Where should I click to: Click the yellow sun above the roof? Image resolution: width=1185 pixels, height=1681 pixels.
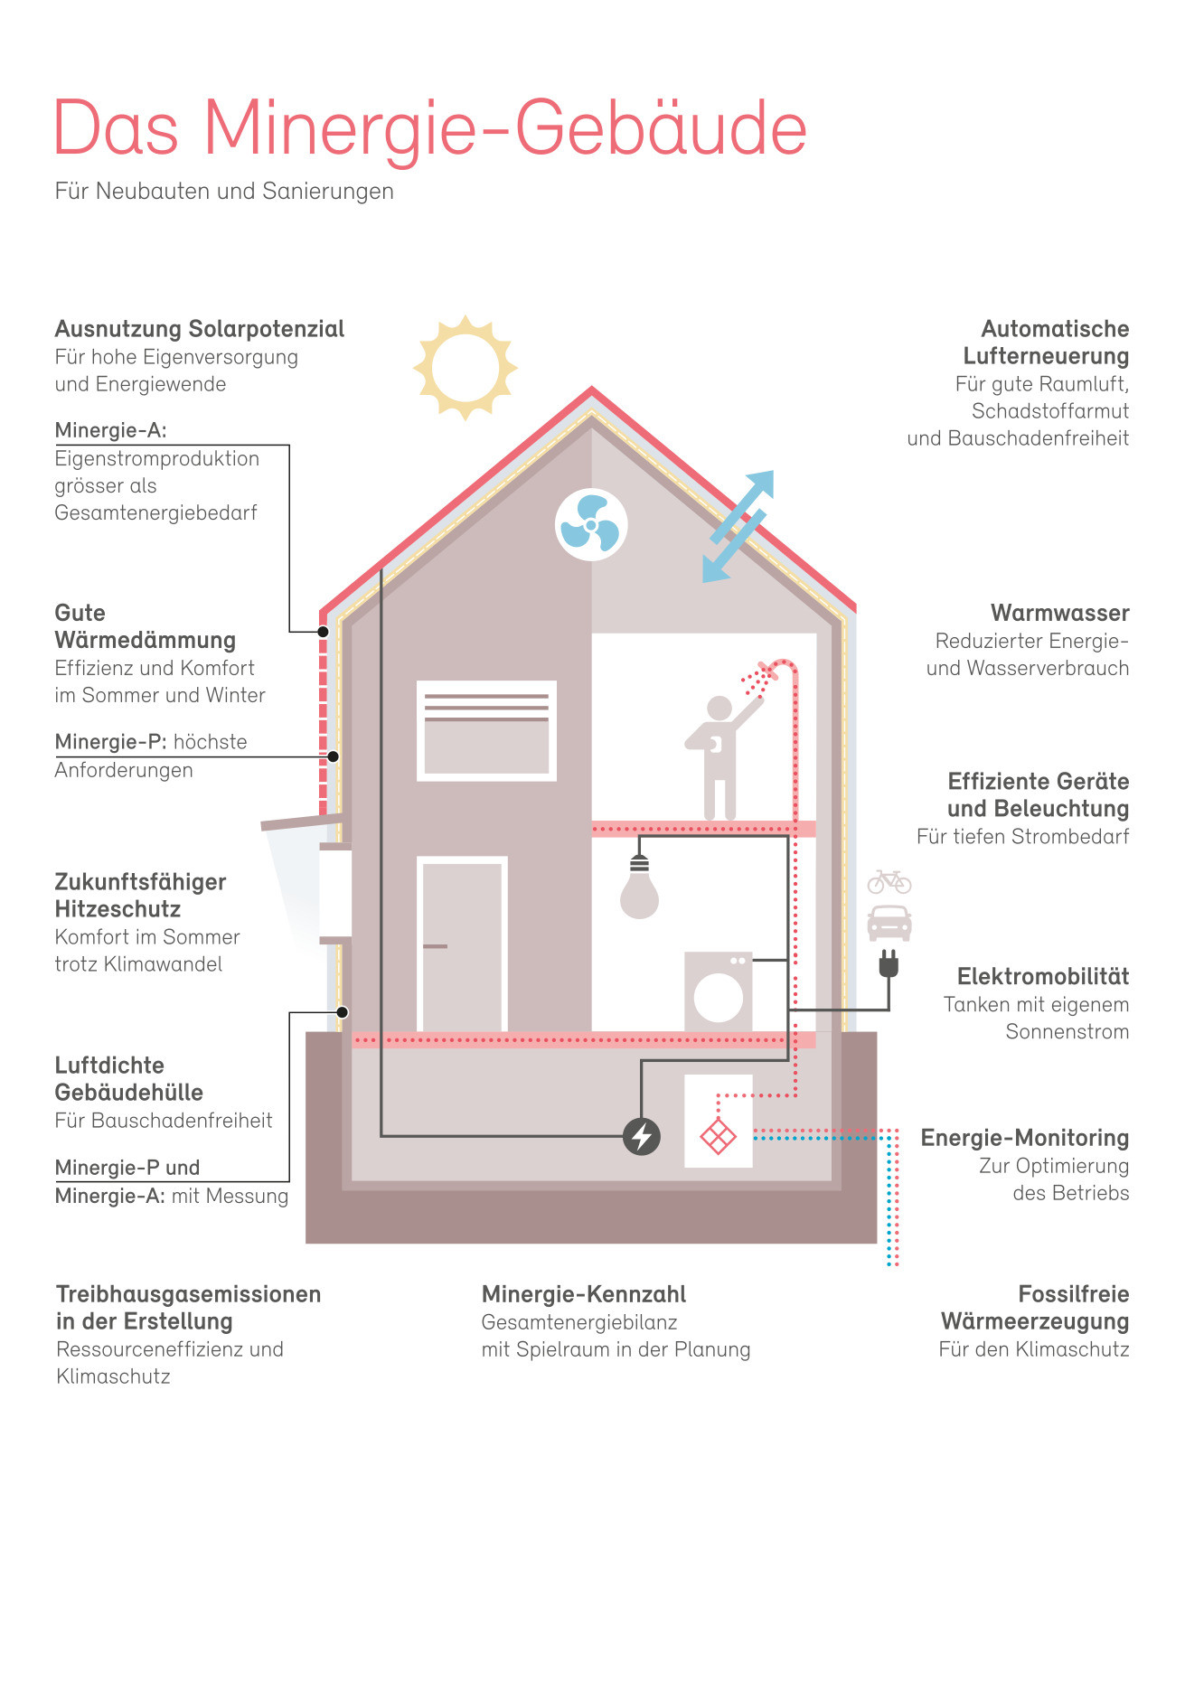coord(465,368)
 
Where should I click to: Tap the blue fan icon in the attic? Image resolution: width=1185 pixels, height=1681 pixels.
coord(591,525)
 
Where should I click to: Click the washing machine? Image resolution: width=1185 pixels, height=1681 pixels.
coord(719,991)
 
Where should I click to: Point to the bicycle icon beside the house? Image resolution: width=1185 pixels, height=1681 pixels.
coord(889,881)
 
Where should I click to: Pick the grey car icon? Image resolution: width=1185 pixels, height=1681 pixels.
coord(889,923)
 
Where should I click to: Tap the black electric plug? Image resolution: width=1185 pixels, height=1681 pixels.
coord(889,964)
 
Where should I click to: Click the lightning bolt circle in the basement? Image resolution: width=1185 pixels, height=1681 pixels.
coord(642,1136)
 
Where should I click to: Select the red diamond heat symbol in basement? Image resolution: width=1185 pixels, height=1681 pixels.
coord(719,1136)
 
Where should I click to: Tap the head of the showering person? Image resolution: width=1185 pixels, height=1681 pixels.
coord(719,709)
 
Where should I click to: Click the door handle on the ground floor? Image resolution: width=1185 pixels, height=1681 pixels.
coord(435,946)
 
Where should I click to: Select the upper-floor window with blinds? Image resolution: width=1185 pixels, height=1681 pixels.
coord(486,730)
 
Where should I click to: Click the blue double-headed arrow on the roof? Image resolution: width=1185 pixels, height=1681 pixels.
coord(738,526)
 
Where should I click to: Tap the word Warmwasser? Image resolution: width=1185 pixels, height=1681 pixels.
coord(1059,613)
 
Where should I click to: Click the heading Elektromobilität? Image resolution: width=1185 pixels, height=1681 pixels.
coord(1043,976)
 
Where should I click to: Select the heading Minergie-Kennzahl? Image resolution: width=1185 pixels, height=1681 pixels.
coord(584,1294)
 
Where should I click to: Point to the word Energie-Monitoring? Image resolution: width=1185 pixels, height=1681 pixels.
coord(1025,1138)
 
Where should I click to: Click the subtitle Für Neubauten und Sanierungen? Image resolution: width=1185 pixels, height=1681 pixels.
coord(224,191)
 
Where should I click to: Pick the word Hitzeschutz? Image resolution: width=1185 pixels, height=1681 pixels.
coord(118,909)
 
